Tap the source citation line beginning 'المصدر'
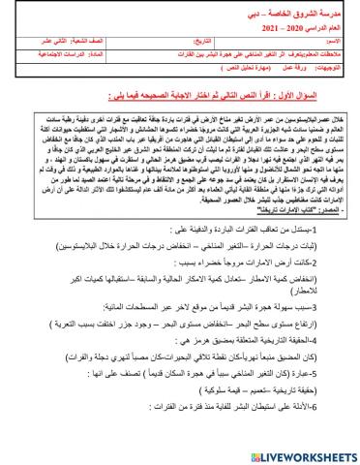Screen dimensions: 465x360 285,237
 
